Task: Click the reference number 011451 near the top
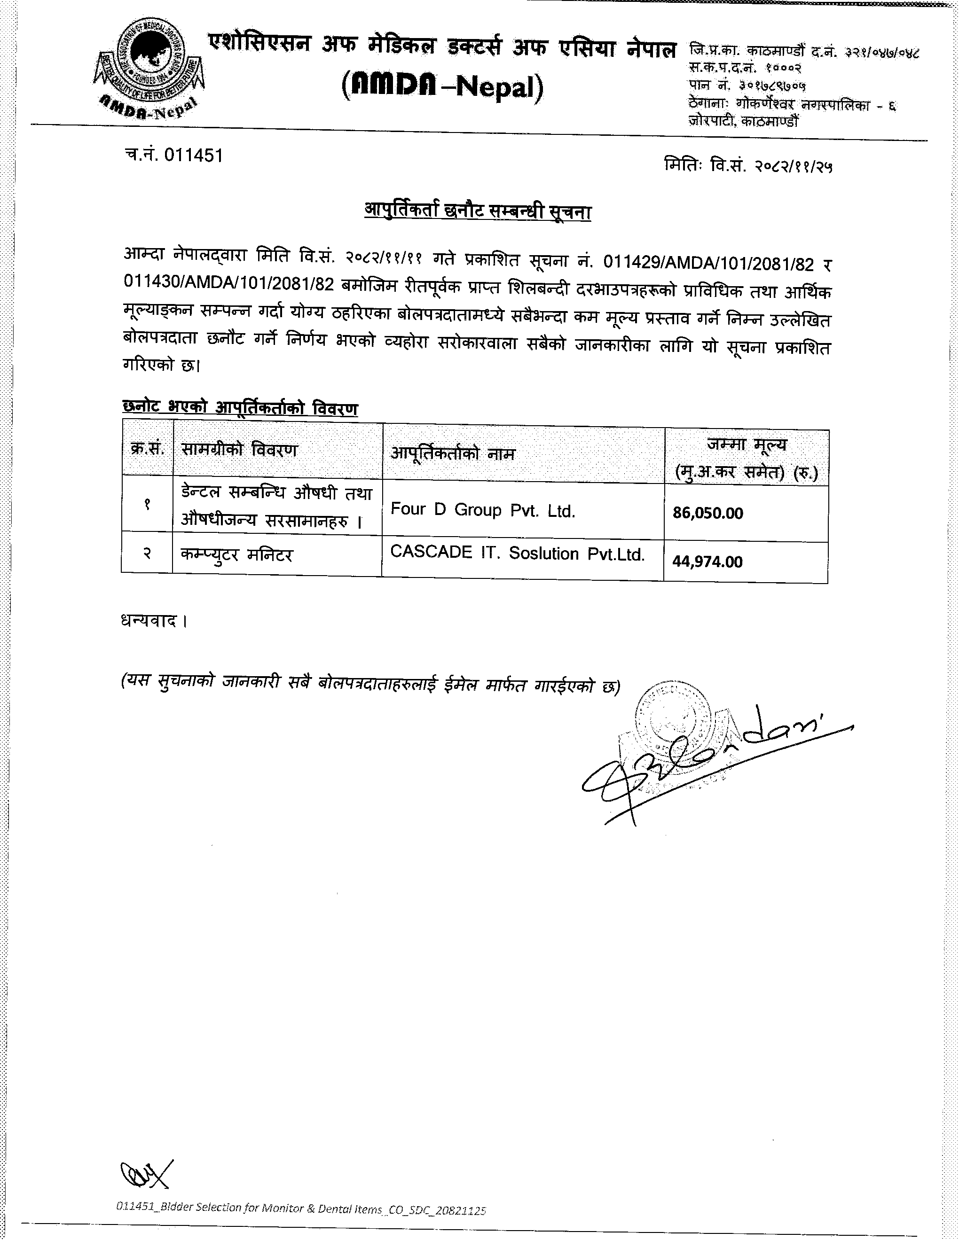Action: (x=193, y=155)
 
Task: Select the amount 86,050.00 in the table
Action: (x=707, y=513)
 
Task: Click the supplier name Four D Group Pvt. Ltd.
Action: (x=483, y=510)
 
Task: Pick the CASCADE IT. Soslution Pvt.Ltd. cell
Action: (x=517, y=554)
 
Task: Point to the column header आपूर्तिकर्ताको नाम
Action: (x=453, y=453)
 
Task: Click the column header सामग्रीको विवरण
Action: (x=239, y=450)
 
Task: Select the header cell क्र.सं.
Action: (x=147, y=449)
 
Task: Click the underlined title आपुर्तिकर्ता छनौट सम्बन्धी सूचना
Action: (x=477, y=211)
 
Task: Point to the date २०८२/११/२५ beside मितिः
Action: (x=793, y=166)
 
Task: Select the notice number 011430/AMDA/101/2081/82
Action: (x=228, y=284)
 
